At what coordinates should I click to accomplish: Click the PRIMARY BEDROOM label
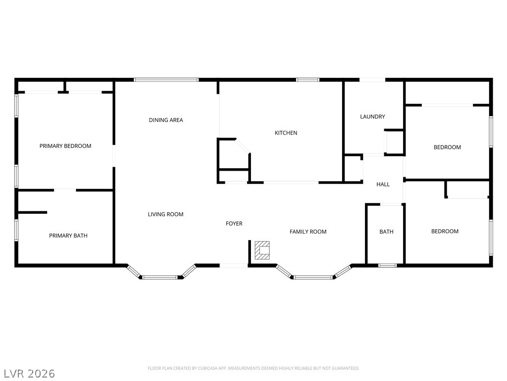[x=65, y=146]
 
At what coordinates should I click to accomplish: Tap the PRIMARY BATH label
[x=68, y=236]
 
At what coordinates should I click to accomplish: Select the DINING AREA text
[x=166, y=120]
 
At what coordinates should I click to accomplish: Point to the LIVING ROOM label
[x=165, y=214]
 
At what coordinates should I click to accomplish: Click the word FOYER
[x=234, y=224]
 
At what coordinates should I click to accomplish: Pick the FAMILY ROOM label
[x=308, y=232]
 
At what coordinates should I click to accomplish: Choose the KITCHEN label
[x=286, y=133]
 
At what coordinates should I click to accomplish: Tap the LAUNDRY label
[x=372, y=117]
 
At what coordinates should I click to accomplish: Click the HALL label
[x=383, y=185]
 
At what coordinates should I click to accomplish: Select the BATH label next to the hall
[x=386, y=232]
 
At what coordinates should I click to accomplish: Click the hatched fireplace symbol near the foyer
[x=262, y=251]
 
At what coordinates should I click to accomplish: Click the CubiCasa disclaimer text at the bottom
[x=253, y=368]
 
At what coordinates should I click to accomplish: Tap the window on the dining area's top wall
[x=166, y=79]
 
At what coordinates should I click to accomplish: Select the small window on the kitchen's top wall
[x=307, y=79]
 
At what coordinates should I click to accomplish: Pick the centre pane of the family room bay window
[x=313, y=277]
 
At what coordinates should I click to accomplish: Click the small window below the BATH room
[x=388, y=265]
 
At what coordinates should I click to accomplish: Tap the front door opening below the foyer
[x=233, y=266]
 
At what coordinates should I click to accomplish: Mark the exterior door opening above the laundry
[x=372, y=79]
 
